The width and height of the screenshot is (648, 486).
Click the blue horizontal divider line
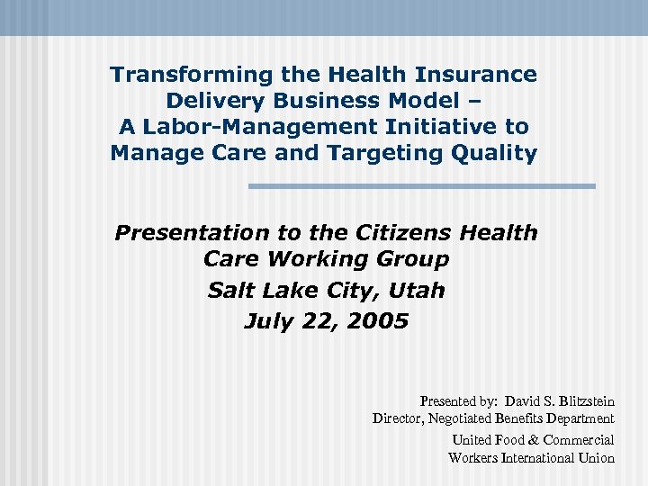(421, 186)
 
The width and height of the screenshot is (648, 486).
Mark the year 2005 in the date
(377, 321)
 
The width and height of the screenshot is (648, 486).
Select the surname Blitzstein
(585, 401)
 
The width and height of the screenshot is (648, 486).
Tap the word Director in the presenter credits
(398, 418)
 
